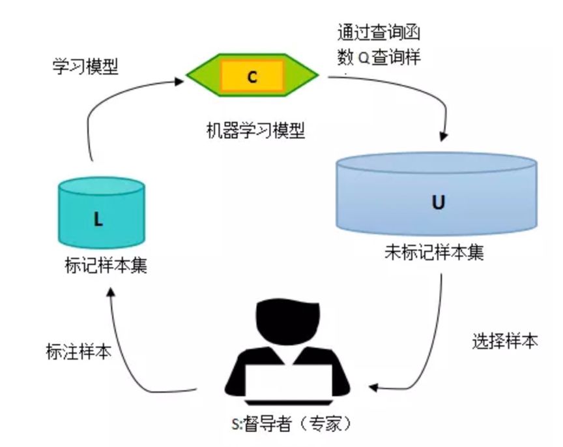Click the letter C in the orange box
(252, 77)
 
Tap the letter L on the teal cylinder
(98, 219)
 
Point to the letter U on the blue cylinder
(438, 202)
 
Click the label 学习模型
(85, 67)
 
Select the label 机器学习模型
(255, 130)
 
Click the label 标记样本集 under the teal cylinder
(106, 266)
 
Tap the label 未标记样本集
(434, 252)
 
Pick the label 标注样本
(79, 351)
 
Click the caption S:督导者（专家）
(291, 424)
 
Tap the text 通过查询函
(379, 33)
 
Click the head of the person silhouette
(287, 322)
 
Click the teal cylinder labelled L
(102, 213)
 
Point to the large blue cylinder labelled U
(437, 194)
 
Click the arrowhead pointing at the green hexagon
(179, 81)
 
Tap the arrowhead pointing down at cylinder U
(444, 136)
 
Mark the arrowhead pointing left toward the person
(373, 388)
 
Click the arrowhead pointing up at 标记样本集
(111, 292)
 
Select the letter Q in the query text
(364, 58)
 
